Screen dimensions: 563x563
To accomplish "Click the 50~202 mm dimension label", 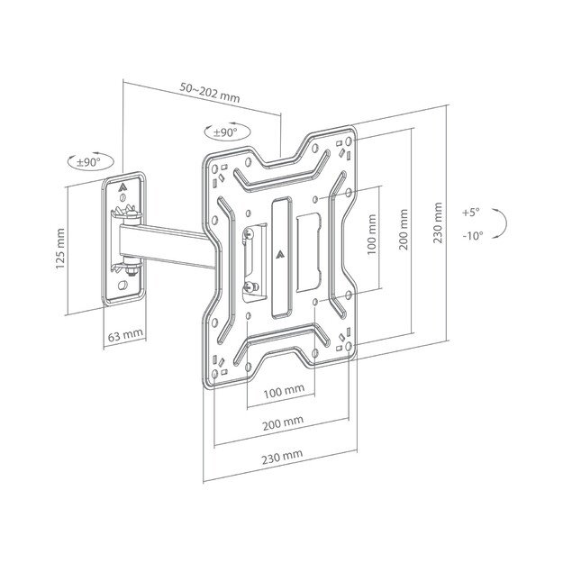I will (x=208, y=88).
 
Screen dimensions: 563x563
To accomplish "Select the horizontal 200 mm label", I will (x=282, y=422).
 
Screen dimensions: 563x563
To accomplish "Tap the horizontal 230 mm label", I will (x=281, y=458).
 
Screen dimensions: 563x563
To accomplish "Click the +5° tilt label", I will (x=471, y=213).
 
